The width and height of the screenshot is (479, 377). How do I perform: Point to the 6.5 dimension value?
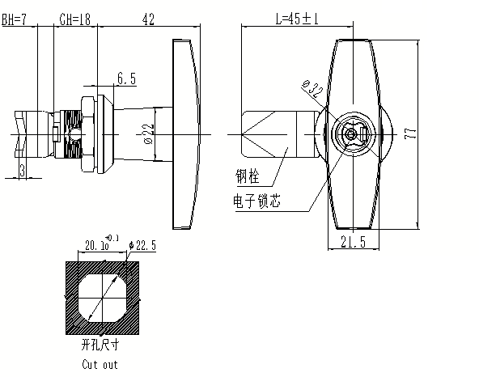(x=126, y=78)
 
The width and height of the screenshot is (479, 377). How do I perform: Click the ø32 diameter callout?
(x=311, y=87)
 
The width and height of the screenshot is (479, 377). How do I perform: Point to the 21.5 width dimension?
(x=353, y=242)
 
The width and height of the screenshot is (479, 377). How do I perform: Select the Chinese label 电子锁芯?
(x=258, y=202)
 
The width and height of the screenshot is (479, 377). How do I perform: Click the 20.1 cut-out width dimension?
(x=95, y=244)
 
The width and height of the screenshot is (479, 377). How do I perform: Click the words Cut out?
(x=100, y=364)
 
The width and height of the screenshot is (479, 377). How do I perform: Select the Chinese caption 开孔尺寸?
(x=100, y=345)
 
